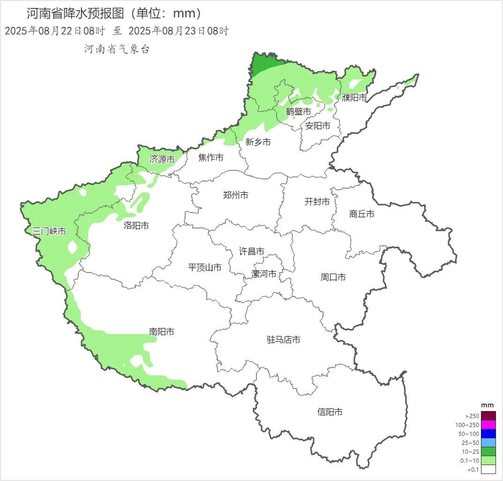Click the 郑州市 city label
click(236, 195)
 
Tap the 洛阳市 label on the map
click(136, 226)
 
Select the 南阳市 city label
click(162, 332)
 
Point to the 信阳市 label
click(330, 412)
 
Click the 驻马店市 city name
click(284, 340)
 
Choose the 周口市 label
click(333, 277)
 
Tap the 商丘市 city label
click(362, 214)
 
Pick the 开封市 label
click(317, 202)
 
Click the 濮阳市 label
click(354, 98)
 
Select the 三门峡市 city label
click(49, 231)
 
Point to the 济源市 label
click(162, 160)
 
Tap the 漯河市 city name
click(264, 274)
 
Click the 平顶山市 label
click(205, 267)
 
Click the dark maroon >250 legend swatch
click(488, 416)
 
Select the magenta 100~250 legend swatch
click(488, 425)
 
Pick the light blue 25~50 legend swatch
click(488, 443)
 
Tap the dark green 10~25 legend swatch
click(488, 451)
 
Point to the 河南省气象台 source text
click(117, 49)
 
